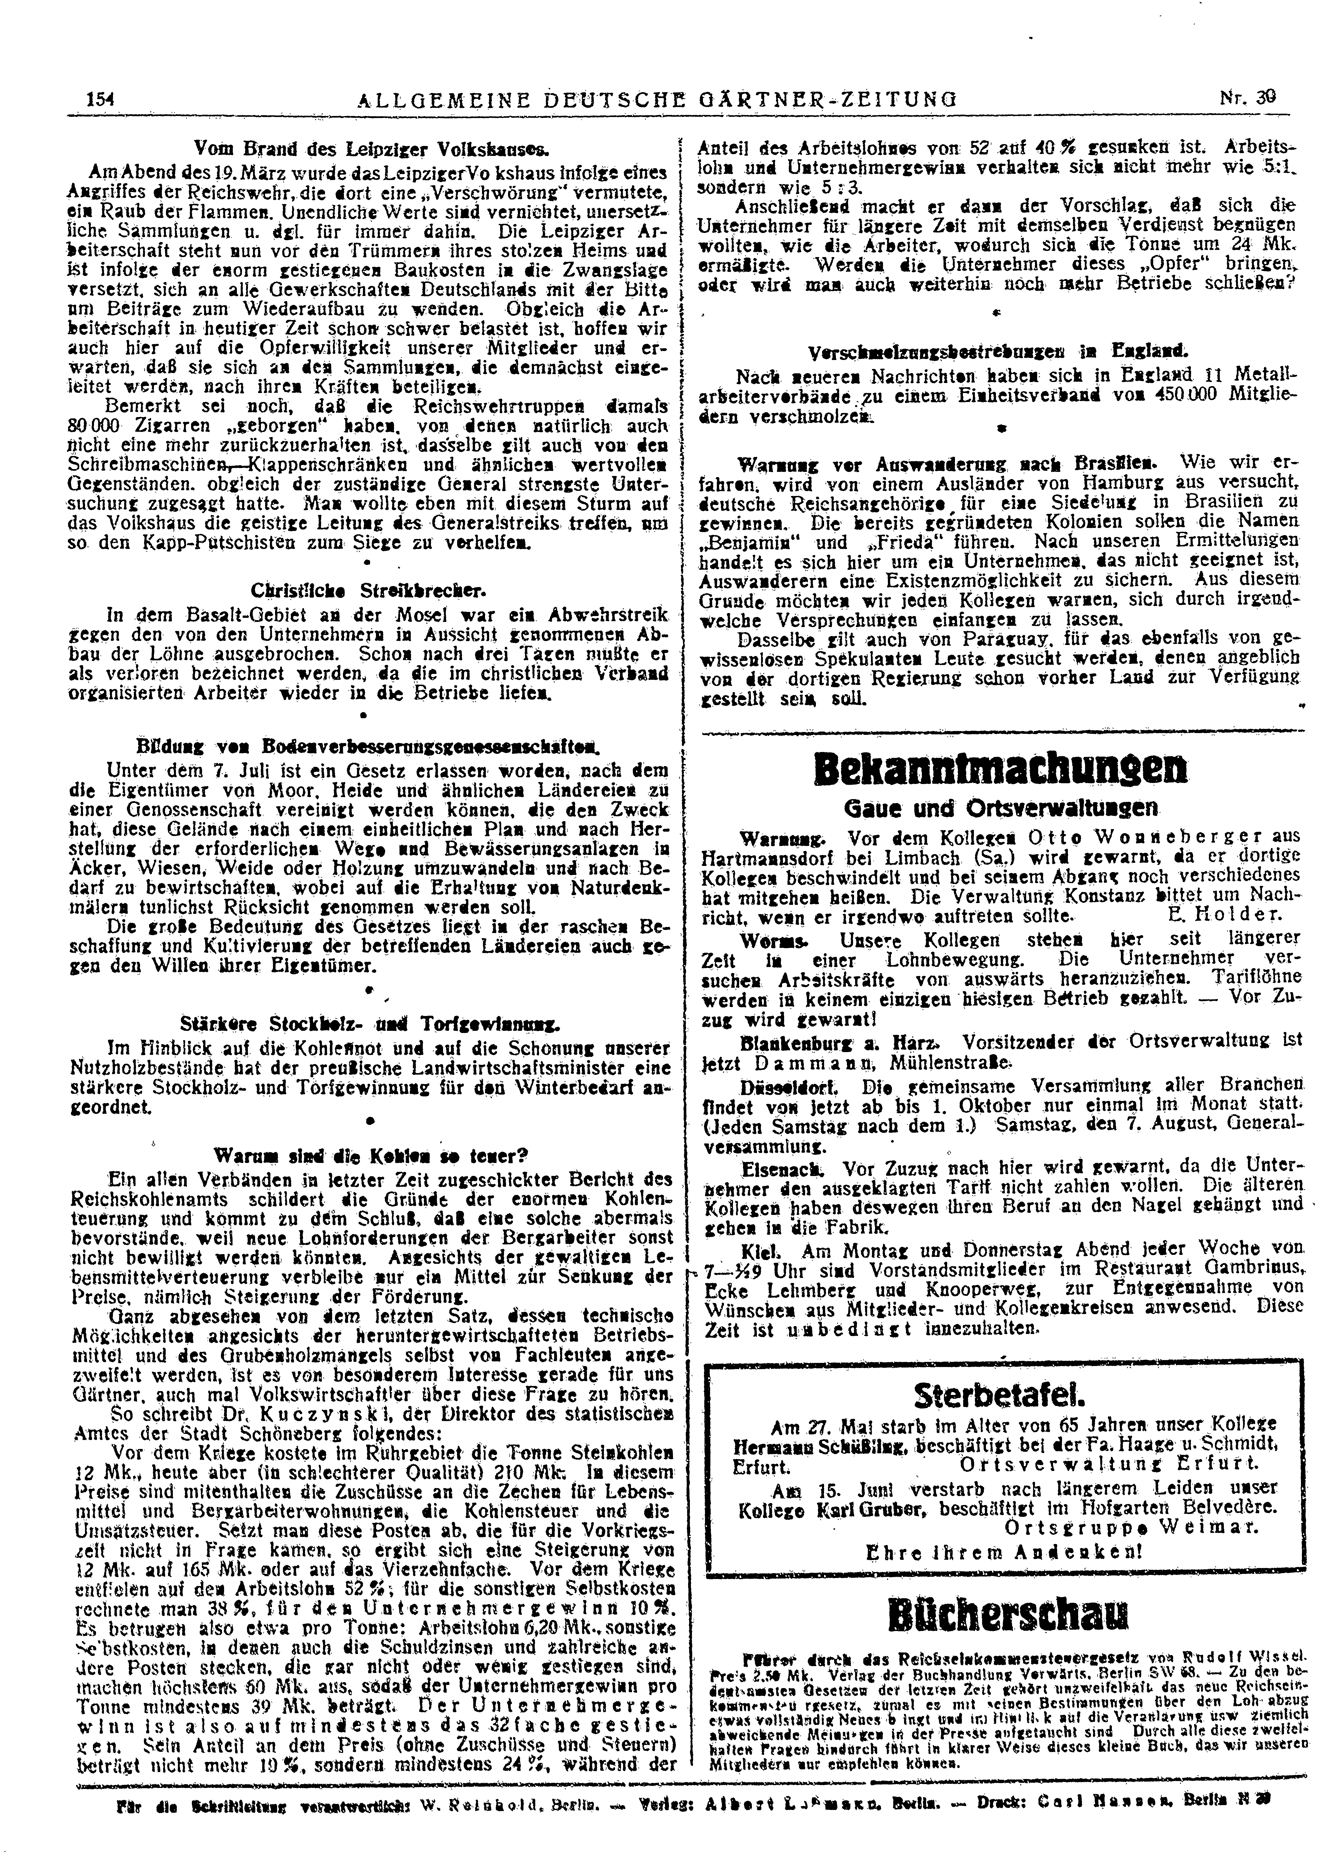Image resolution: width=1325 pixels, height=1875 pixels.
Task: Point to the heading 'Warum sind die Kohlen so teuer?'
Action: click(371, 1156)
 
